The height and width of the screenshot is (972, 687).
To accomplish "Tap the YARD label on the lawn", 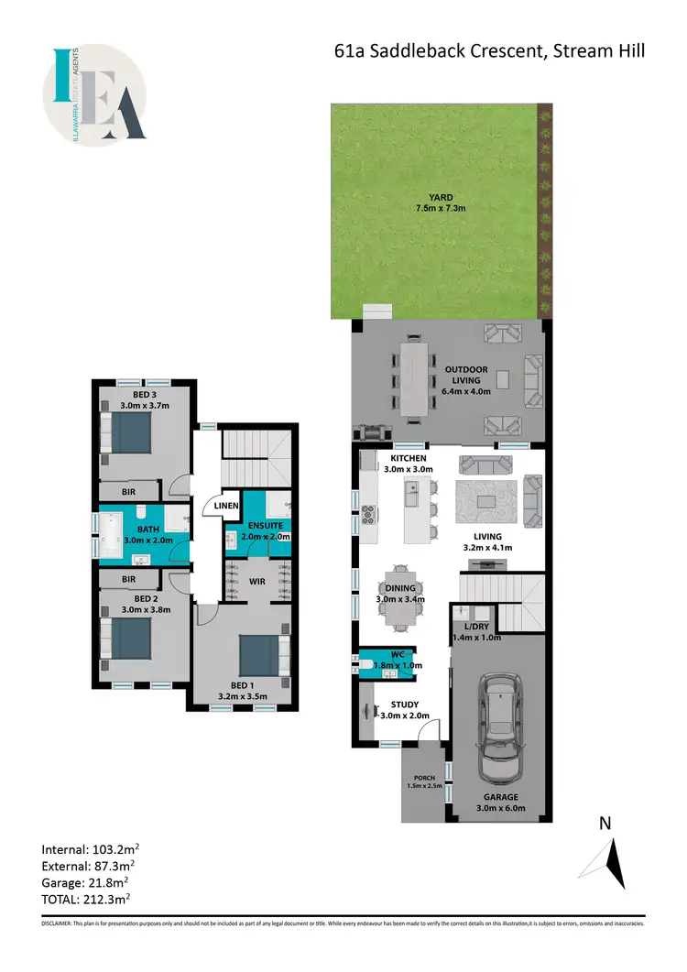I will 442,196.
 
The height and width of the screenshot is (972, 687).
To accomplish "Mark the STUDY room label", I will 404,704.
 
